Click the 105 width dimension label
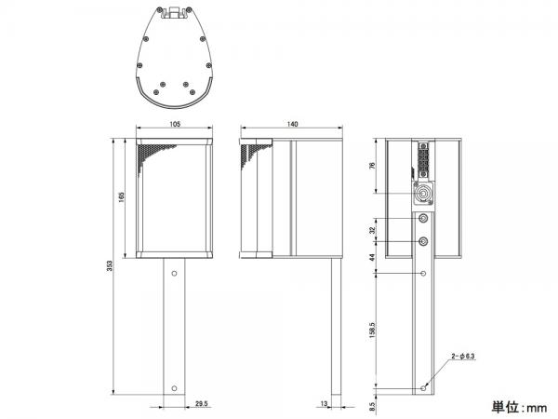[x=175, y=124]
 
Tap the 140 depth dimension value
[x=292, y=124]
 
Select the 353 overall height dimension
[x=110, y=265]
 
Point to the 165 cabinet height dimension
[x=121, y=197]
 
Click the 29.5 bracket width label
[x=202, y=404]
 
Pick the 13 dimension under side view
[x=324, y=404]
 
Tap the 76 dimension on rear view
[x=372, y=166]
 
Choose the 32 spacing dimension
[x=372, y=230]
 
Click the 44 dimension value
[x=372, y=257]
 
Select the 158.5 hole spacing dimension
[x=372, y=331]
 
